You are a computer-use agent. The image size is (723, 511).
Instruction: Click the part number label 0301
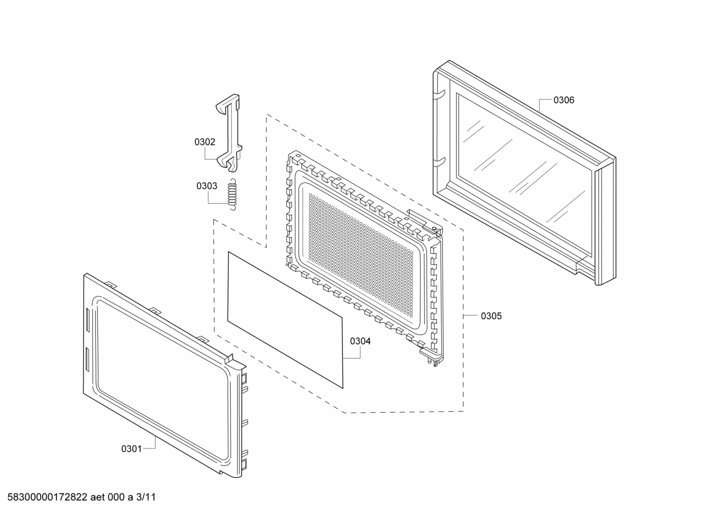[131, 449]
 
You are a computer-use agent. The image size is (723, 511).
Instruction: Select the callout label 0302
[205, 142]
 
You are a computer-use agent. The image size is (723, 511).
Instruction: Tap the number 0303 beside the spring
[207, 186]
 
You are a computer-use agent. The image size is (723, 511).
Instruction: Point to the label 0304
[360, 341]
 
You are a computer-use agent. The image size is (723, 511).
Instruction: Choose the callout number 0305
[491, 316]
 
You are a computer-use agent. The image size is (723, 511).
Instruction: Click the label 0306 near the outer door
[564, 100]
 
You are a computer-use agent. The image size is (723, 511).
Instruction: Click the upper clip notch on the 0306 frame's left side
[440, 92]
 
